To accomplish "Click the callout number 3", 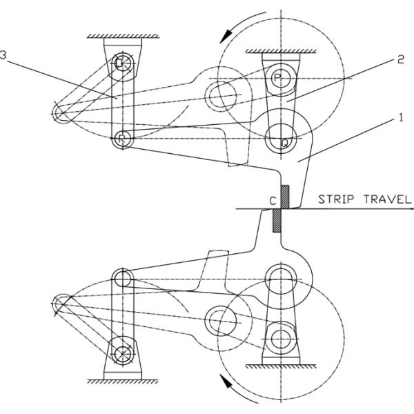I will pos(5,59).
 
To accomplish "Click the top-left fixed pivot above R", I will pos(121,64).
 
